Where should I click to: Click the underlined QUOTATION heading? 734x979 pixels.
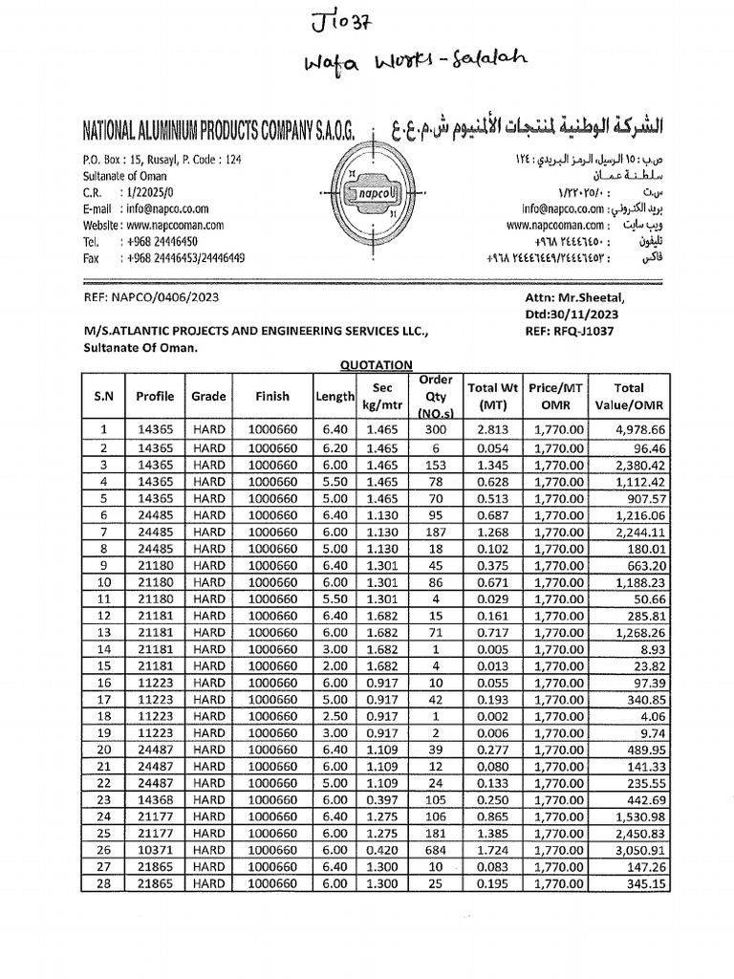377,364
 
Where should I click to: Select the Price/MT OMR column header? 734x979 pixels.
556,396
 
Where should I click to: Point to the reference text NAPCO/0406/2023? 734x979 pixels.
152,297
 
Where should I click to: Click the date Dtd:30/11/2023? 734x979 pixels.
572,314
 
